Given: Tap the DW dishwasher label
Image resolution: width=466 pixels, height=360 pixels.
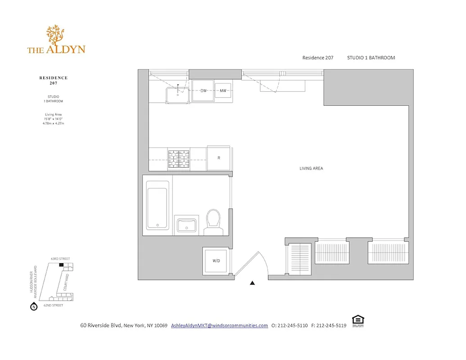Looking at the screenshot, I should pyautogui.click(x=204, y=91).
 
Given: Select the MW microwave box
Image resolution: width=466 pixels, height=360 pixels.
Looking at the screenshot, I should pyautogui.click(x=223, y=91).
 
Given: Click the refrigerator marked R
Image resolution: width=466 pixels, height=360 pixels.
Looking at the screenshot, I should pyautogui.click(x=219, y=158).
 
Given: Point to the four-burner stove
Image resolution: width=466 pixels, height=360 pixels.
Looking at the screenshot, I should pyautogui.click(x=179, y=159).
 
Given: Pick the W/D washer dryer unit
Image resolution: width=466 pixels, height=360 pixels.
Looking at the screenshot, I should pyautogui.click(x=216, y=261).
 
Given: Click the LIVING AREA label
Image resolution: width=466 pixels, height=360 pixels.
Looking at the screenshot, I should pyautogui.click(x=311, y=169).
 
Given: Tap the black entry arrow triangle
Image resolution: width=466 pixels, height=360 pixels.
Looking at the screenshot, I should pyautogui.click(x=253, y=283).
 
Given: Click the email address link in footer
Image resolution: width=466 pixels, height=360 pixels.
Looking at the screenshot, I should pyautogui.click(x=219, y=325).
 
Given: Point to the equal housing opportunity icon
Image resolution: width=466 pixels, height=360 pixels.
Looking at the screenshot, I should pyautogui.click(x=358, y=320).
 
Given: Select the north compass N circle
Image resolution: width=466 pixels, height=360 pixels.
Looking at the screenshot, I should pyautogui.click(x=33, y=307).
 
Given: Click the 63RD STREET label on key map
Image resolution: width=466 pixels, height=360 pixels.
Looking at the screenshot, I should pyautogui.click(x=60, y=259).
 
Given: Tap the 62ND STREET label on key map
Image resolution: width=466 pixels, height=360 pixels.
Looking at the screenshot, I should pyautogui.click(x=53, y=305).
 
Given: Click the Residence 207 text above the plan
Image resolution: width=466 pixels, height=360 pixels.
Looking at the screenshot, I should pyautogui.click(x=317, y=58).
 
